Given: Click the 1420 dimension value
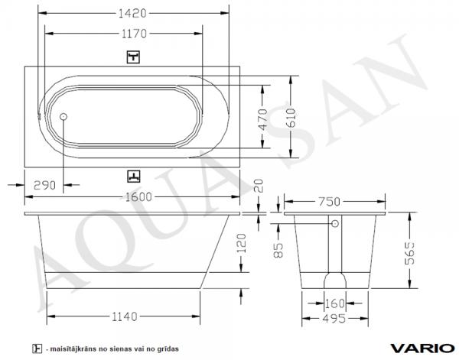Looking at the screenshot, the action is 132,13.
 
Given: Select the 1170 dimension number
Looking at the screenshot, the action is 134,34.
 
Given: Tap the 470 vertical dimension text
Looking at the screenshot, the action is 263,119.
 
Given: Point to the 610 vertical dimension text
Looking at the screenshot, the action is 291,118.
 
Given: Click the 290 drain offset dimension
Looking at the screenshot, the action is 44,185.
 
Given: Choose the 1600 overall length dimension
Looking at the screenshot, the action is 138,197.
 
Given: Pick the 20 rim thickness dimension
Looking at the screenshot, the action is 259,186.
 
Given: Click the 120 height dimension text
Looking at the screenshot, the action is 242,243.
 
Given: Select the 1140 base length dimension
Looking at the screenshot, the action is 125,316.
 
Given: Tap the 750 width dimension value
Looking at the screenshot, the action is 329,202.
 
